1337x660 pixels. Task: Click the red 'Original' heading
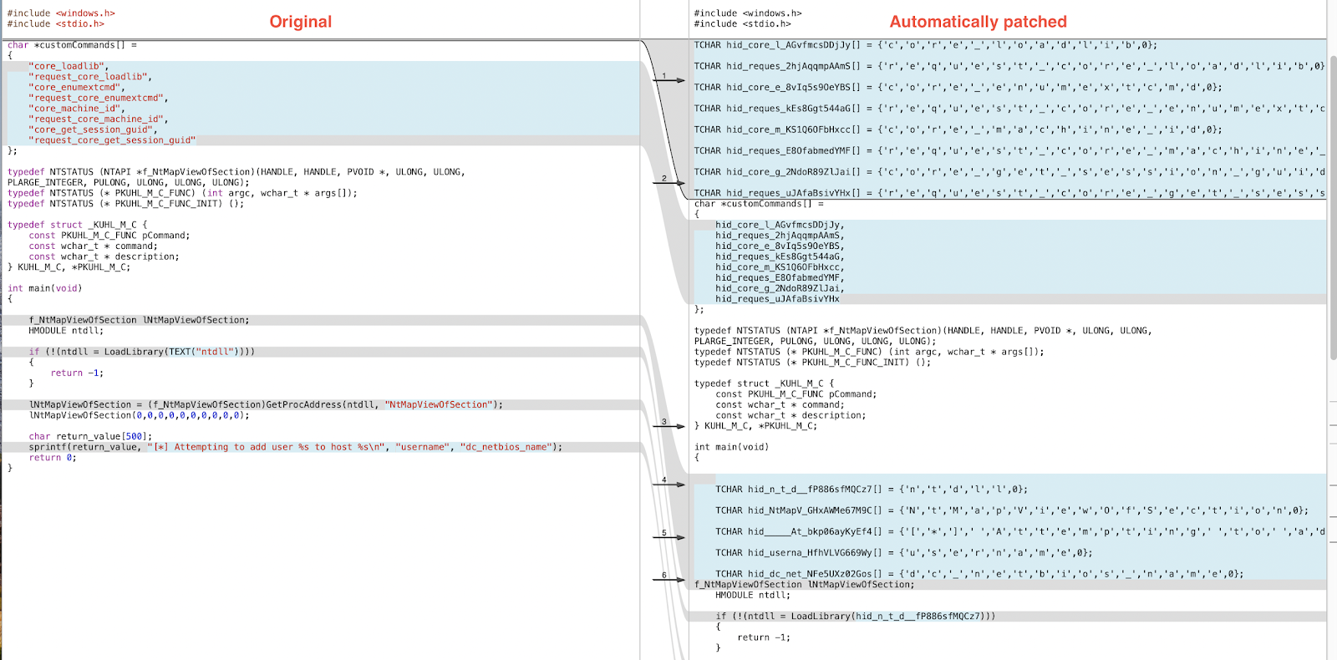coord(300,22)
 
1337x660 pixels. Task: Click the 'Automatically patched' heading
coord(978,22)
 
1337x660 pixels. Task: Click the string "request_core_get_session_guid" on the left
coord(113,140)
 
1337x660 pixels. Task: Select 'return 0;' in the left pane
coord(52,458)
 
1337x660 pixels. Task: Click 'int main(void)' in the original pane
coord(44,289)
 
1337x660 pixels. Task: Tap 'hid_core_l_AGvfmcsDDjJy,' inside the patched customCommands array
coord(780,226)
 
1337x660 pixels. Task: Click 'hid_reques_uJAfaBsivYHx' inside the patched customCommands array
coord(777,299)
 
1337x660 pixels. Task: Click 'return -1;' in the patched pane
coord(763,637)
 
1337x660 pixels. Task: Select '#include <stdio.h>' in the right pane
coord(742,24)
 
